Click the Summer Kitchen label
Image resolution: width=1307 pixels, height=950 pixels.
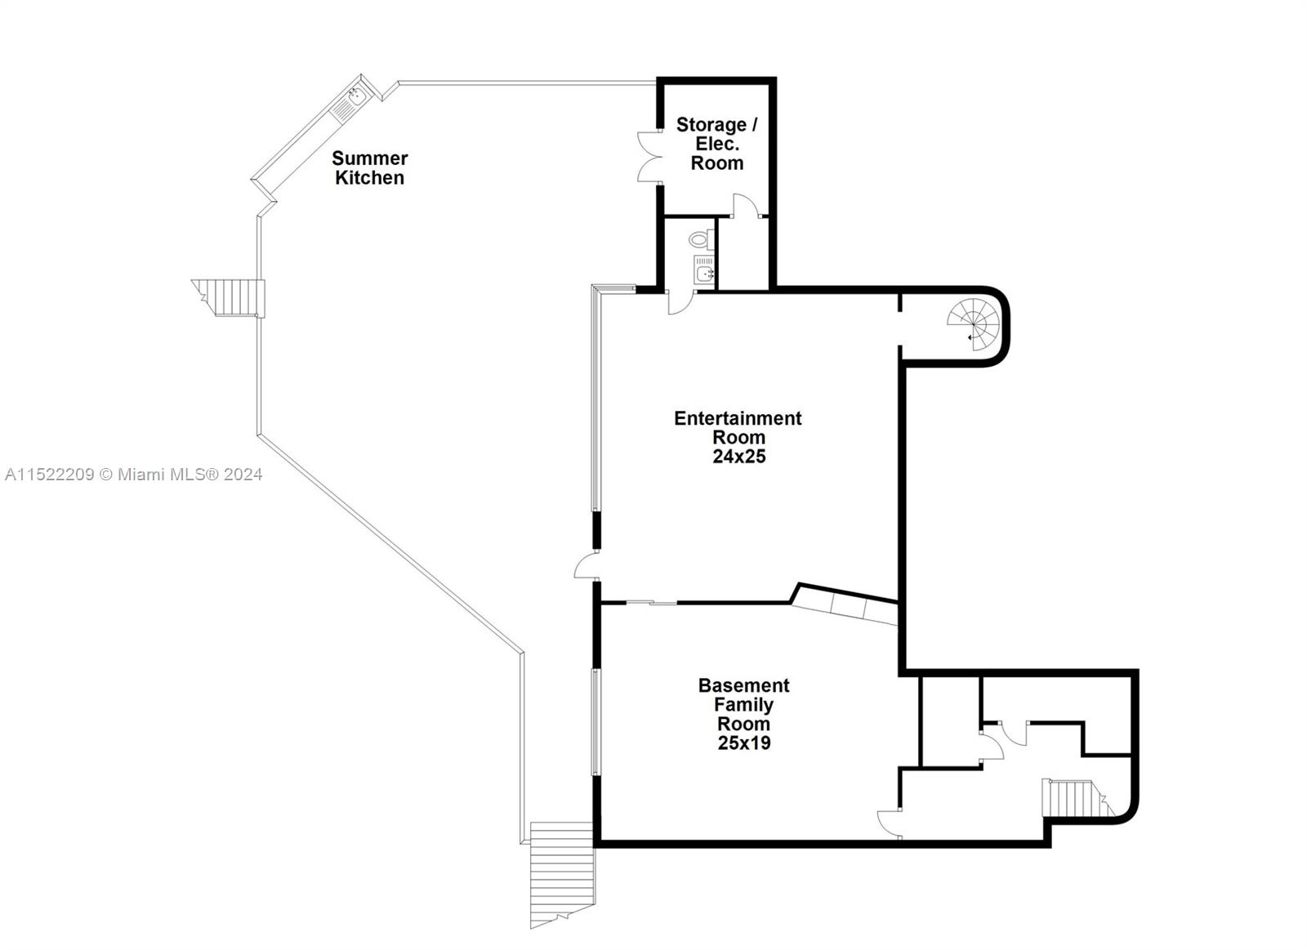(369, 167)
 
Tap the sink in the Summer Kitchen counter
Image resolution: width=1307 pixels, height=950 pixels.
(355, 97)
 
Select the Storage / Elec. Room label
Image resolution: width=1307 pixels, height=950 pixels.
(716, 143)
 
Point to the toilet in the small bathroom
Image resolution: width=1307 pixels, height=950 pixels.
(698, 239)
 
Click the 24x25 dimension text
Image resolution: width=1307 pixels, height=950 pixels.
(738, 457)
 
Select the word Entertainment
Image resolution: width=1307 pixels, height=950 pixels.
(738, 418)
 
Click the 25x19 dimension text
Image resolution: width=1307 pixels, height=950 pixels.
(743, 743)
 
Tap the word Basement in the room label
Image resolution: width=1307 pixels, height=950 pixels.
(743, 685)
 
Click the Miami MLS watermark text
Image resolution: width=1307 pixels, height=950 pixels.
(133, 474)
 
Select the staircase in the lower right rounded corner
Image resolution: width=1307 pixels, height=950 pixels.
(1073, 797)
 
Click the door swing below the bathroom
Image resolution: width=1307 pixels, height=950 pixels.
(680, 302)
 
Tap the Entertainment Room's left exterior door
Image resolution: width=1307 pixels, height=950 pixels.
(586, 566)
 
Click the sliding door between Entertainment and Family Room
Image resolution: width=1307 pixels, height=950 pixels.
(652, 603)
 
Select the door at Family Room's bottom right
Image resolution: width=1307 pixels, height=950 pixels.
(890, 823)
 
